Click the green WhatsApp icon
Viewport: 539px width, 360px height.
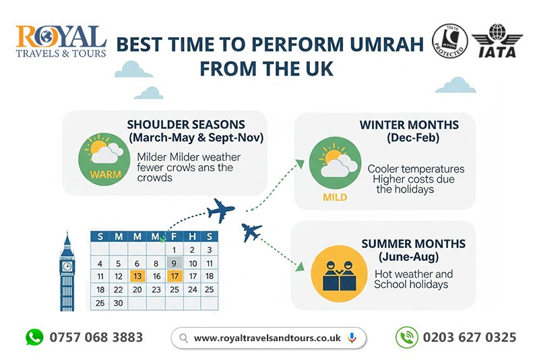click(34, 337)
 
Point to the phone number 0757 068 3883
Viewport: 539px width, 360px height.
click(96, 337)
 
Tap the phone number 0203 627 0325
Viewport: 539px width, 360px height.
click(470, 337)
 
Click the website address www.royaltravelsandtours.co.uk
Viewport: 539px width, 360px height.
click(267, 338)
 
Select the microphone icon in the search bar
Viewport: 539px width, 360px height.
click(352, 338)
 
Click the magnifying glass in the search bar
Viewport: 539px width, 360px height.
click(183, 338)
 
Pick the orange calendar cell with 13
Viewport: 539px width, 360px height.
click(137, 276)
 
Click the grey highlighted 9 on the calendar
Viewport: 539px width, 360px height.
click(174, 263)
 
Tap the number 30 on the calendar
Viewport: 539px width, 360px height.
click(119, 303)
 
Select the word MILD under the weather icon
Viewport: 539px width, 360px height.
click(335, 198)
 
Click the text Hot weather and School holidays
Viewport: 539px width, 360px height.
click(413, 280)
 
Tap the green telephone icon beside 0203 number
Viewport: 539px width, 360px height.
click(404, 337)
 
